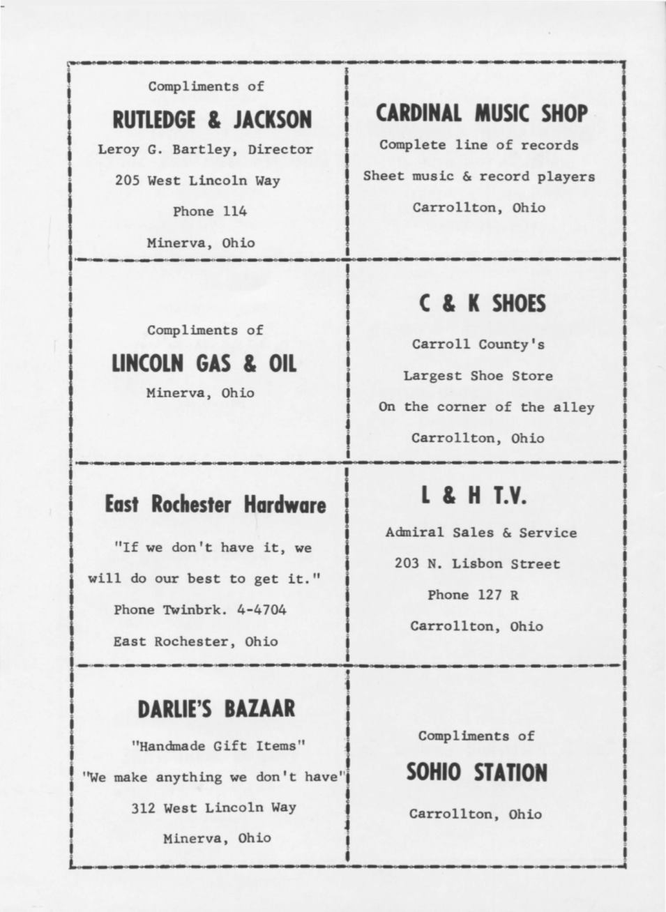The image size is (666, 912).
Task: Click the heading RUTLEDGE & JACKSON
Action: point(212,120)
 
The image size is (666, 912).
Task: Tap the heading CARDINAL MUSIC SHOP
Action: point(481,113)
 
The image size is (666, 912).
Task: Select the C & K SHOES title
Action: point(483,304)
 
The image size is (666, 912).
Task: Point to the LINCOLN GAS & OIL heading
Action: point(204,364)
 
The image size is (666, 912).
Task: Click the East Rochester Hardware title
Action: point(215,504)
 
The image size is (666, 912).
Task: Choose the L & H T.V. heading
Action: point(474,496)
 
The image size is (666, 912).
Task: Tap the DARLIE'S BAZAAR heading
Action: point(216,709)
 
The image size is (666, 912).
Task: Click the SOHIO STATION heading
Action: point(476,773)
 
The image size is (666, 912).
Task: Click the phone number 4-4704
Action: point(262,610)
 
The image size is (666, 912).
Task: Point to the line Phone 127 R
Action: point(473,595)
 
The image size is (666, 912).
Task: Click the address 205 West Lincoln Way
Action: point(197,181)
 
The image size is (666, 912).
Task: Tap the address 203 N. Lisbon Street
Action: point(477,563)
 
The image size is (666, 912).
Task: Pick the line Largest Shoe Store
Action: point(478,376)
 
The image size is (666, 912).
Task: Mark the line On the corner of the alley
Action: point(486,407)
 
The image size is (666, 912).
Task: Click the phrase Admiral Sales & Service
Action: point(480,533)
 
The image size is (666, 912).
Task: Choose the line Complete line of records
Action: point(478,145)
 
